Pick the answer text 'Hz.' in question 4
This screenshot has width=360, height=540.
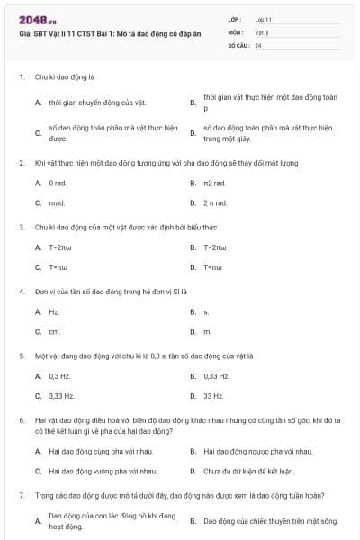point(54,311)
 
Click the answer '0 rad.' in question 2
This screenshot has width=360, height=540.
point(58,183)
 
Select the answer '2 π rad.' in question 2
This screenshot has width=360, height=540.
point(214,202)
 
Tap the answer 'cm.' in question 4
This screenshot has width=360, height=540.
point(54,331)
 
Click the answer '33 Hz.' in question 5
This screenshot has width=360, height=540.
point(213,395)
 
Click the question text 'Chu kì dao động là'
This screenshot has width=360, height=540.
point(66,78)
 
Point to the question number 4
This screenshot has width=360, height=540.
point(21,292)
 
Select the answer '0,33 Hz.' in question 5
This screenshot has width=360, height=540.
point(216,375)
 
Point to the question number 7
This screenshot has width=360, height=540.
point(21,495)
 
